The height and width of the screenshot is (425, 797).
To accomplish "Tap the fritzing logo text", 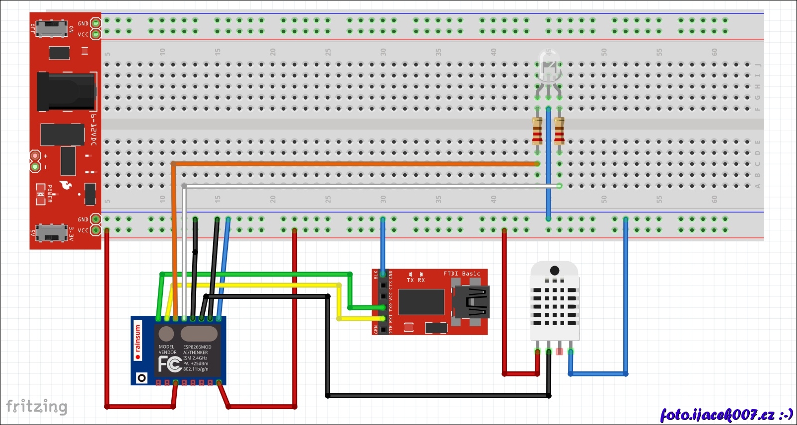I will [x=36, y=407].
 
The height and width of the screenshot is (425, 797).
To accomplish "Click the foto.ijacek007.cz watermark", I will [x=726, y=415].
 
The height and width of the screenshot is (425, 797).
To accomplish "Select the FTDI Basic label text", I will [x=462, y=274].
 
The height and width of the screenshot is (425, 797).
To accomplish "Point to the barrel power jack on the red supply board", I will [x=66, y=91].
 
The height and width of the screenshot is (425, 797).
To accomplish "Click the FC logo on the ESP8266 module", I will [x=169, y=364].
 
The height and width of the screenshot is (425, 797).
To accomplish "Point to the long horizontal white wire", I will [x=367, y=186].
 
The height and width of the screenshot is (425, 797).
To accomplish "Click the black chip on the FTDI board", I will [x=421, y=301].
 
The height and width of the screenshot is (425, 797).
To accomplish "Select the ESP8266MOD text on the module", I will [x=197, y=347].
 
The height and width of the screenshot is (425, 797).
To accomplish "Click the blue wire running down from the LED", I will [x=548, y=164].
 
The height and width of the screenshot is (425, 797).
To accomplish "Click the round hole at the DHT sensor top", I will [x=555, y=271].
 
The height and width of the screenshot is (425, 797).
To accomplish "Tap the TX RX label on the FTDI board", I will [x=416, y=280].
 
